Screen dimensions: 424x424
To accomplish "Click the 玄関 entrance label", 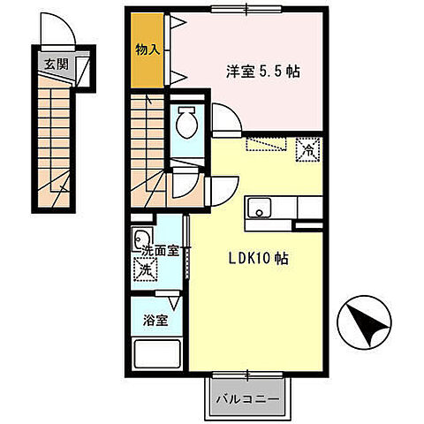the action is (57, 64).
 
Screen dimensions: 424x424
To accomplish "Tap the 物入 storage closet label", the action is (148, 49).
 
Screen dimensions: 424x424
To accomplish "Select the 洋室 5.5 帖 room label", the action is (263, 72).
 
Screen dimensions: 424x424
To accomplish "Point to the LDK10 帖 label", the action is (259, 258).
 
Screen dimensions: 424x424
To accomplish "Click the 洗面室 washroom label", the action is (161, 251).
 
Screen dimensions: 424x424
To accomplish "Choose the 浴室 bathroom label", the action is (155, 320).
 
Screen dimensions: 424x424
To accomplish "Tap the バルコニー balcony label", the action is (247, 399).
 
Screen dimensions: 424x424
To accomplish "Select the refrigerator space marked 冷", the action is (308, 150).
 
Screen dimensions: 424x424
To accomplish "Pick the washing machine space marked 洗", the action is (145, 269).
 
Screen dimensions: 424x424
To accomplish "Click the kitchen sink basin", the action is (259, 208).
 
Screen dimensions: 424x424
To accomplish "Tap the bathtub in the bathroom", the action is (156, 353).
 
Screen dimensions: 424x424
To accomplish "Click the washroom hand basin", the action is (142, 238).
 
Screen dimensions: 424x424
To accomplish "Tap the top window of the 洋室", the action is (247, 9).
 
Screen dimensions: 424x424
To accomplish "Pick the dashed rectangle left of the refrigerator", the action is (267, 144).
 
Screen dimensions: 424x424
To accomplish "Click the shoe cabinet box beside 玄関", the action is (83, 72).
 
